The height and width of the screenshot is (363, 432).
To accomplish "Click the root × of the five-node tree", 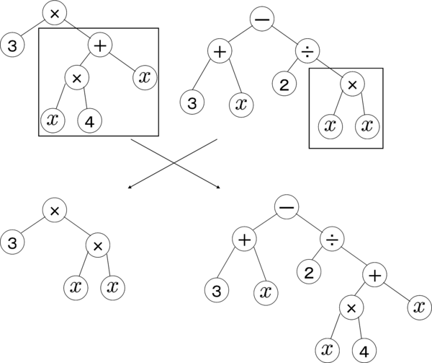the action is point(55,210).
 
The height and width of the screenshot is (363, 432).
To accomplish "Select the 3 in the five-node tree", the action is point(12,242).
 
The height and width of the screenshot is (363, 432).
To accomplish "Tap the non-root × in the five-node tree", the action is point(97,245).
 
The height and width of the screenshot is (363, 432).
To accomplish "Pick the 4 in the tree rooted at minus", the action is point(364,351).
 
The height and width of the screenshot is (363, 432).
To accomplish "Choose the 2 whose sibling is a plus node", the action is point(308,272).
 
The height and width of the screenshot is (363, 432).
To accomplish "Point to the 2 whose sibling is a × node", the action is point(284,84).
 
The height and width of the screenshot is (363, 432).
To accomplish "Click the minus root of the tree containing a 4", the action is point(286,207).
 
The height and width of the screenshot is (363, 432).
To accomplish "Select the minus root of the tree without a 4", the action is point(261,19).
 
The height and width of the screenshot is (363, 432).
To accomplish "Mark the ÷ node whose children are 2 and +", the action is point(331,239).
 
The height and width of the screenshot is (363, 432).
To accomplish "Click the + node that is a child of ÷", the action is point(374,274).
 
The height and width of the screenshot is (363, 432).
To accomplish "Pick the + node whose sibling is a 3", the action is point(100,45).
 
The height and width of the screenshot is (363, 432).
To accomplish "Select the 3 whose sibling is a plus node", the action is point(12,46).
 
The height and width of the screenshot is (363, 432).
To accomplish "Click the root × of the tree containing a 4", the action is point(55,13).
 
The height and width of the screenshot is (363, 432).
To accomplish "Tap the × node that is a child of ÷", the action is point(351,84).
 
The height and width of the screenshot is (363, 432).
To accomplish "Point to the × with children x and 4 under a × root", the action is point(76,76).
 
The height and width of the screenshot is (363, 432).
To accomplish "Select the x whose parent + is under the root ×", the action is point(145,76).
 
